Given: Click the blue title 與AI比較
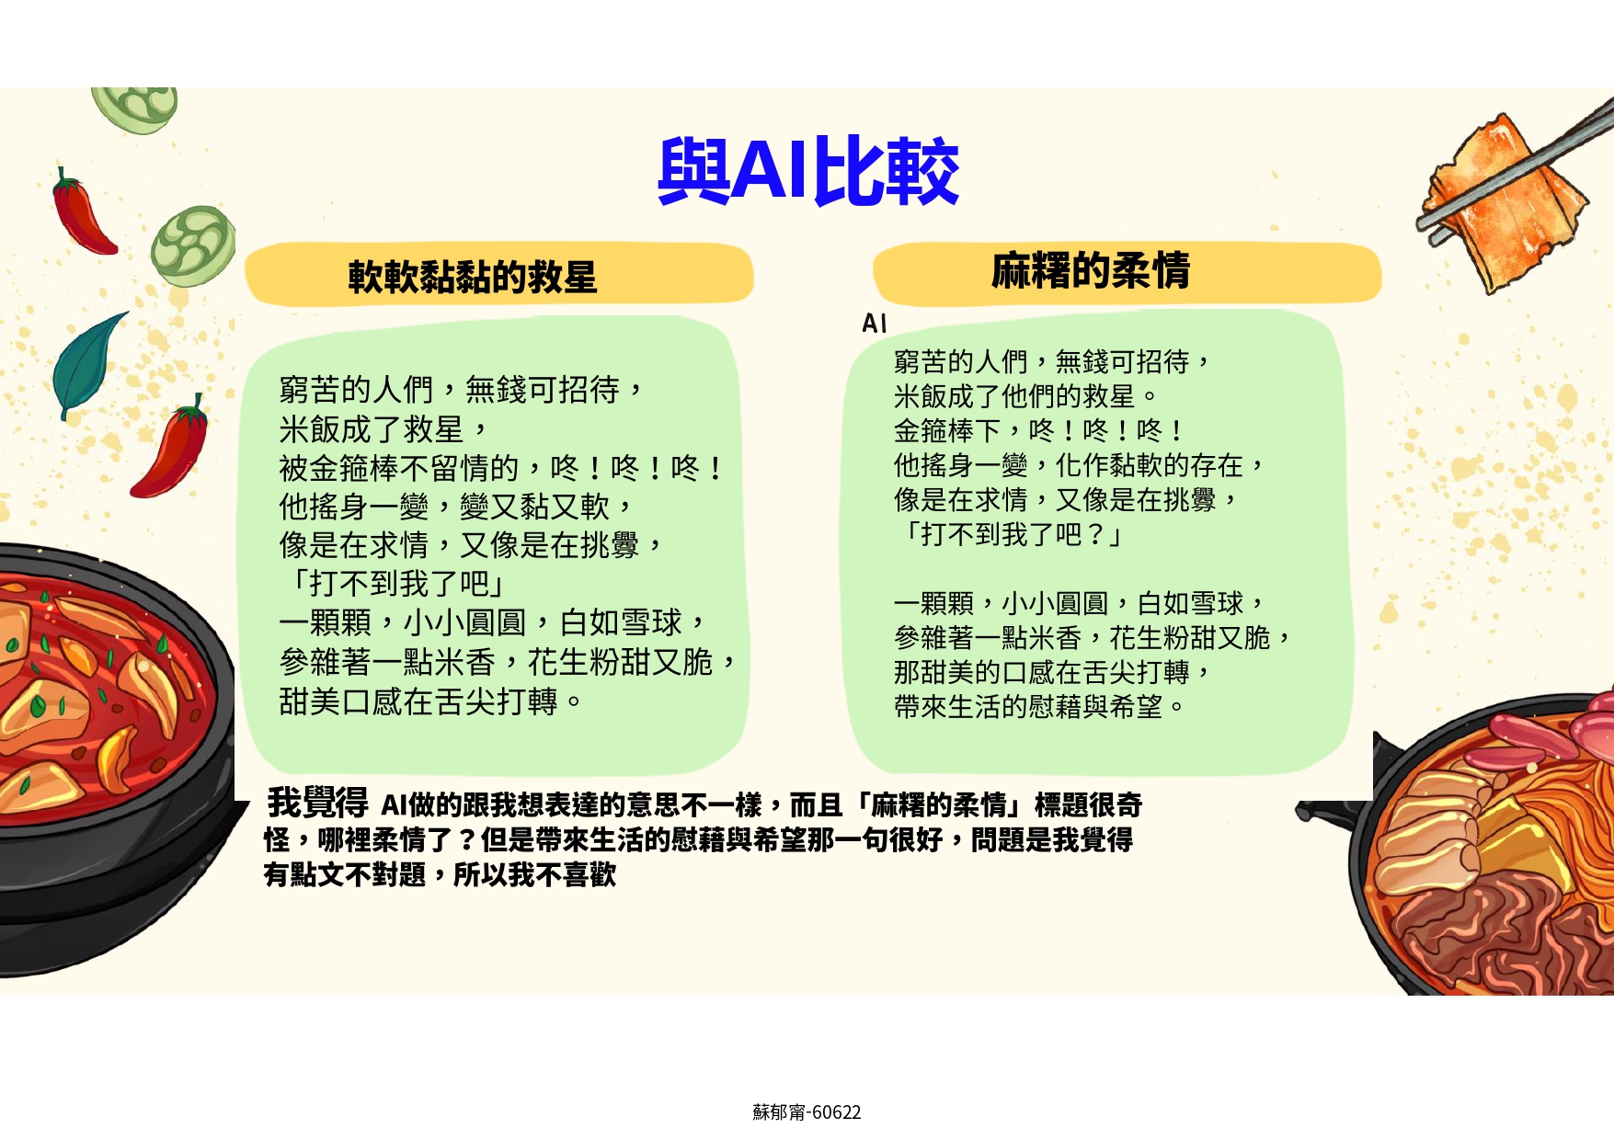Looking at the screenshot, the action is [808, 171].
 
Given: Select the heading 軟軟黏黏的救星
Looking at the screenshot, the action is [473, 277].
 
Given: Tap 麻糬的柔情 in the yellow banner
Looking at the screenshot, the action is [1091, 271].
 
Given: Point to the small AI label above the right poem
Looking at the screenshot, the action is [875, 323].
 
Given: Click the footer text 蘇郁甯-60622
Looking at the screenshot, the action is [807, 1112].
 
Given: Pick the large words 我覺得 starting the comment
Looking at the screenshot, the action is [317, 803].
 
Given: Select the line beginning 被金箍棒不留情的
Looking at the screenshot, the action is [501, 468].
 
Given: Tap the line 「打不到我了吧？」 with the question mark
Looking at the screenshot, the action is [1010, 534].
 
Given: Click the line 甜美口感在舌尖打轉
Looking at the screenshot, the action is [430, 701].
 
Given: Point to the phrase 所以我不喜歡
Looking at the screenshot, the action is [534, 874].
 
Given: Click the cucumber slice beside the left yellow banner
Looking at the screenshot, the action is [193, 246].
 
